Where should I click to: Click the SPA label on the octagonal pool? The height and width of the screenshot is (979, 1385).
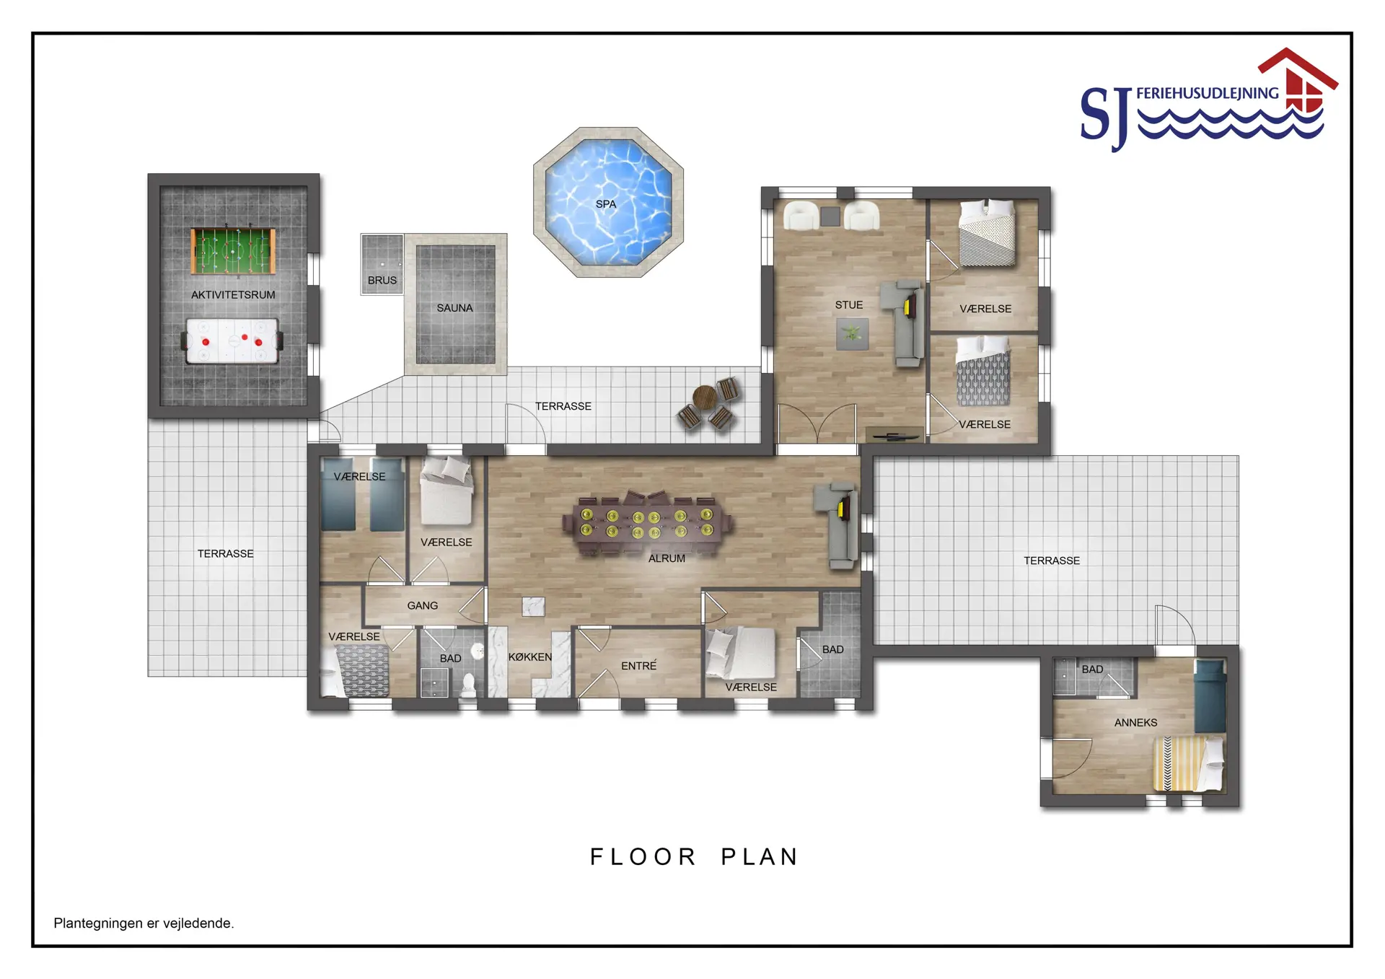pyautogui.click(x=606, y=204)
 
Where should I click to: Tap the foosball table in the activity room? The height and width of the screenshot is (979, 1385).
pyautogui.click(x=233, y=251)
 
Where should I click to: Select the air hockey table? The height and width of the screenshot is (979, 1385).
pyautogui.click(x=232, y=341)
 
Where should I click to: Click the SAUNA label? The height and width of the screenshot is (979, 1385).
pyautogui.click(x=454, y=308)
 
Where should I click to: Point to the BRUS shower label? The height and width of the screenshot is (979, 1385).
pyautogui.click(x=382, y=281)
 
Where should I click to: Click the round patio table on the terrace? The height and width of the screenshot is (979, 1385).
pyautogui.click(x=704, y=397)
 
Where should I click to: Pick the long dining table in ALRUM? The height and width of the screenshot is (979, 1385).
pyautogui.click(x=647, y=524)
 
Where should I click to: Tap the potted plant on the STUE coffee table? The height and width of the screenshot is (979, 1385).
pyautogui.click(x=853, y=334)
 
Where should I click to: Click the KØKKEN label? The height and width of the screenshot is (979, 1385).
pyautogui.click(x=530, y=657)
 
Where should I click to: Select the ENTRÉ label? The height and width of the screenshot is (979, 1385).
pyautogui.click(x=639, y=666)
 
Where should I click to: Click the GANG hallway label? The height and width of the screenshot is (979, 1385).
pyautogui.click(x=423, y=606)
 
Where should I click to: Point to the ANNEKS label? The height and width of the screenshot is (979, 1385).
pyautogui.click(x=1135, y=723)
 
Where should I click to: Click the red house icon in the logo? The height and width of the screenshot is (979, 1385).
pyautogui.click(x=1298, y=79)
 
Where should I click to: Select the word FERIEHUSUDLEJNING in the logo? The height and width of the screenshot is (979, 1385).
pyautogui.click(x=1208, y=93)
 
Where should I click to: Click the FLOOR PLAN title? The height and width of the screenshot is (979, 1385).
pyautogui.click(x=695, y=857)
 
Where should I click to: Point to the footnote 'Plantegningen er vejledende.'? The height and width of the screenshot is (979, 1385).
pyautogui.click(x=144, y=923)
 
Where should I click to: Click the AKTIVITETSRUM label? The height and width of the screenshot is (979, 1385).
pyautogui.click(x=233, y=295)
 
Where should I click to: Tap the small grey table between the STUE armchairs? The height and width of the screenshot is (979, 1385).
pyautogui.click(x=830, y=216)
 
